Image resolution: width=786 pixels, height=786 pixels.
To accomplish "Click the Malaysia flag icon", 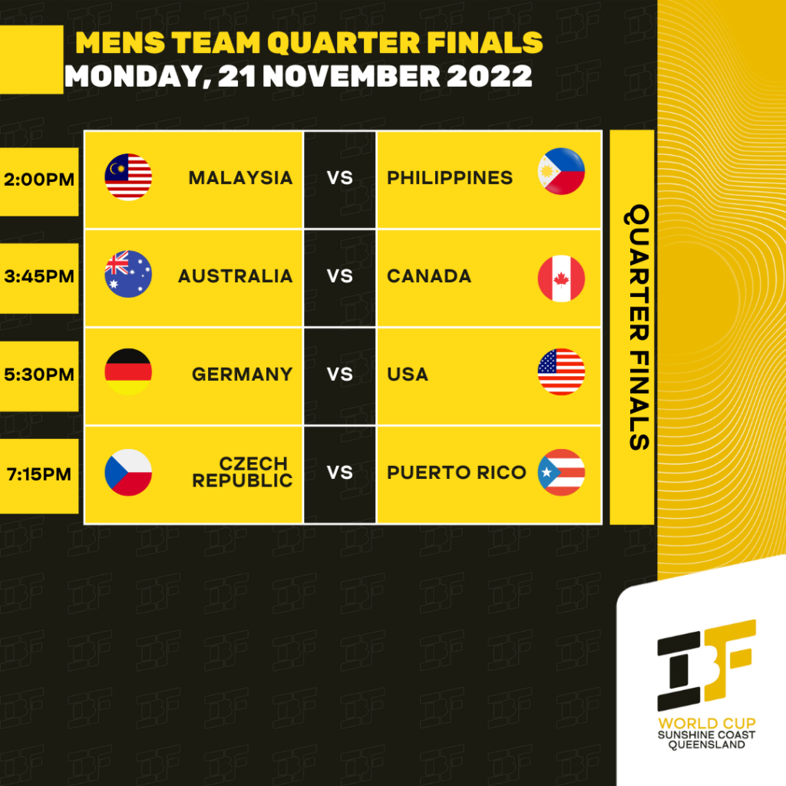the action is (x=128, y=177).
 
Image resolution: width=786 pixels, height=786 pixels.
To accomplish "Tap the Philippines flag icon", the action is (x=561, y=171).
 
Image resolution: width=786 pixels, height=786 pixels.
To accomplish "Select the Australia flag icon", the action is (x=128, y=274).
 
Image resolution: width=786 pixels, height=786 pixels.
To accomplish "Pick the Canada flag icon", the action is (x=561, y=279).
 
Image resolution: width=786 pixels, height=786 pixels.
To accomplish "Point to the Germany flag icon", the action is (x=128, y=372).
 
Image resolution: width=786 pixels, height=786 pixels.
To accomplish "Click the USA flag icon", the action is (x=561, y=372).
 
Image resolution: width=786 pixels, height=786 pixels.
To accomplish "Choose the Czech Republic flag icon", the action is (x=128, y=472).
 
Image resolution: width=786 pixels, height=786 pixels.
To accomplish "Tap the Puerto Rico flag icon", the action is (x=561, y=472).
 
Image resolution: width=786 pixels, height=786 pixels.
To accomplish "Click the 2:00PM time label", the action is (x=38, y=180).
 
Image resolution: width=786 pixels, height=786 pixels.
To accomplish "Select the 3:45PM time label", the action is (x=38, y=276).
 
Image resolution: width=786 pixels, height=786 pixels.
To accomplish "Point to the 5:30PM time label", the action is (x=38, y=375).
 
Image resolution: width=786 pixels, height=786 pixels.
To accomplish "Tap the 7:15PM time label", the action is (x=38, y=474).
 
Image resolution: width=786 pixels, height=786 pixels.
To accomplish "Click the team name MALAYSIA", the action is (x=240, y=178).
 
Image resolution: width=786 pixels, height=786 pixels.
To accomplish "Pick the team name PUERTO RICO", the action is (x=456, y=472).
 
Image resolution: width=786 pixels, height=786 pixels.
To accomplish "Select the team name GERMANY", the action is (x=242, y=375).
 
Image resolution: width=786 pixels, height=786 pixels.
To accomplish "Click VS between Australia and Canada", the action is (x=340, y=276).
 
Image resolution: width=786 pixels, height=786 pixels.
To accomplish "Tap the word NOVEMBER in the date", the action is (x=352, y=76).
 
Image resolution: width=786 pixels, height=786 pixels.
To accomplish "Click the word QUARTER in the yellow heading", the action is (x=343, y=42).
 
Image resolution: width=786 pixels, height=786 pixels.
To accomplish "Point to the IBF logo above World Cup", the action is (x=706, y=665).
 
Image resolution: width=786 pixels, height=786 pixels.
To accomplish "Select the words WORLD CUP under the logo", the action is (x=706, y=723).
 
